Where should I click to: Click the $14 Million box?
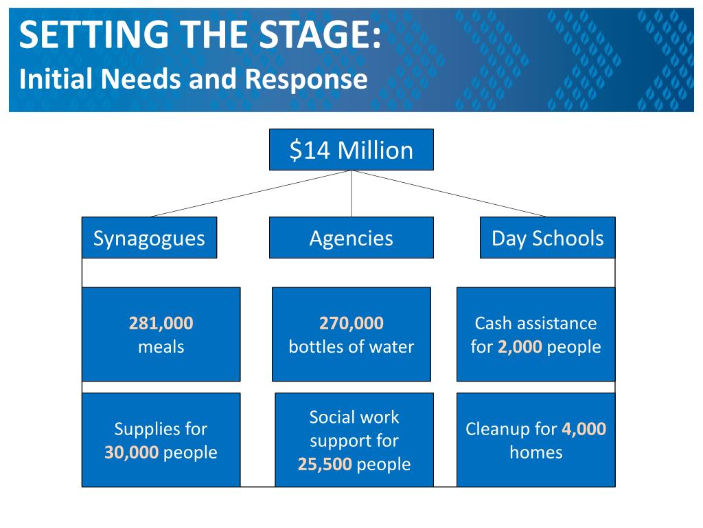pyautogui.click(x=351, y=149)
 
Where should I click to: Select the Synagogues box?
pyautogui.click(x=149, y=238)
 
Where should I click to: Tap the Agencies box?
pyautogui.click(x=351, y=238)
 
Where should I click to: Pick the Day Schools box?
pyautogui.click(x=547, y=238)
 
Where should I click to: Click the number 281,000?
pyautogui.click(x=161, y=323)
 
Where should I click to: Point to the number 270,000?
pyautogui.click(x=351, y=323)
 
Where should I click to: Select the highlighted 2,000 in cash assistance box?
pyautogui.click(x=520, y=346)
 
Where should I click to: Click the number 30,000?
pyautogui.click(x=132, y=452)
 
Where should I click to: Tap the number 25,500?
pyautogui.click(x=325, y=464)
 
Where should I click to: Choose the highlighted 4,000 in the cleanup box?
pyautogui.click(x=584, y=429)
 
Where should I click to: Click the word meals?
pyautogui.click(x=161, y=346)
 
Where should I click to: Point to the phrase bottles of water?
pyautogui.click(x=351, y=346)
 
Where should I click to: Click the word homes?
pyautogui.click(x=535, y=452)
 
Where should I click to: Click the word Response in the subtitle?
pyautogui.click(x=306, y=79)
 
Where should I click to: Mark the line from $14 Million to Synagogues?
pyautogui.click(x=251, y=193)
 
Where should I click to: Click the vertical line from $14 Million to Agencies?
pyautogui.click(x=351, y=194)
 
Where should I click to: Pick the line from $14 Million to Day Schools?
pyautogui.click(x=450, y=193)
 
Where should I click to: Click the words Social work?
pyautogui.click(x=354, y=417)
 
